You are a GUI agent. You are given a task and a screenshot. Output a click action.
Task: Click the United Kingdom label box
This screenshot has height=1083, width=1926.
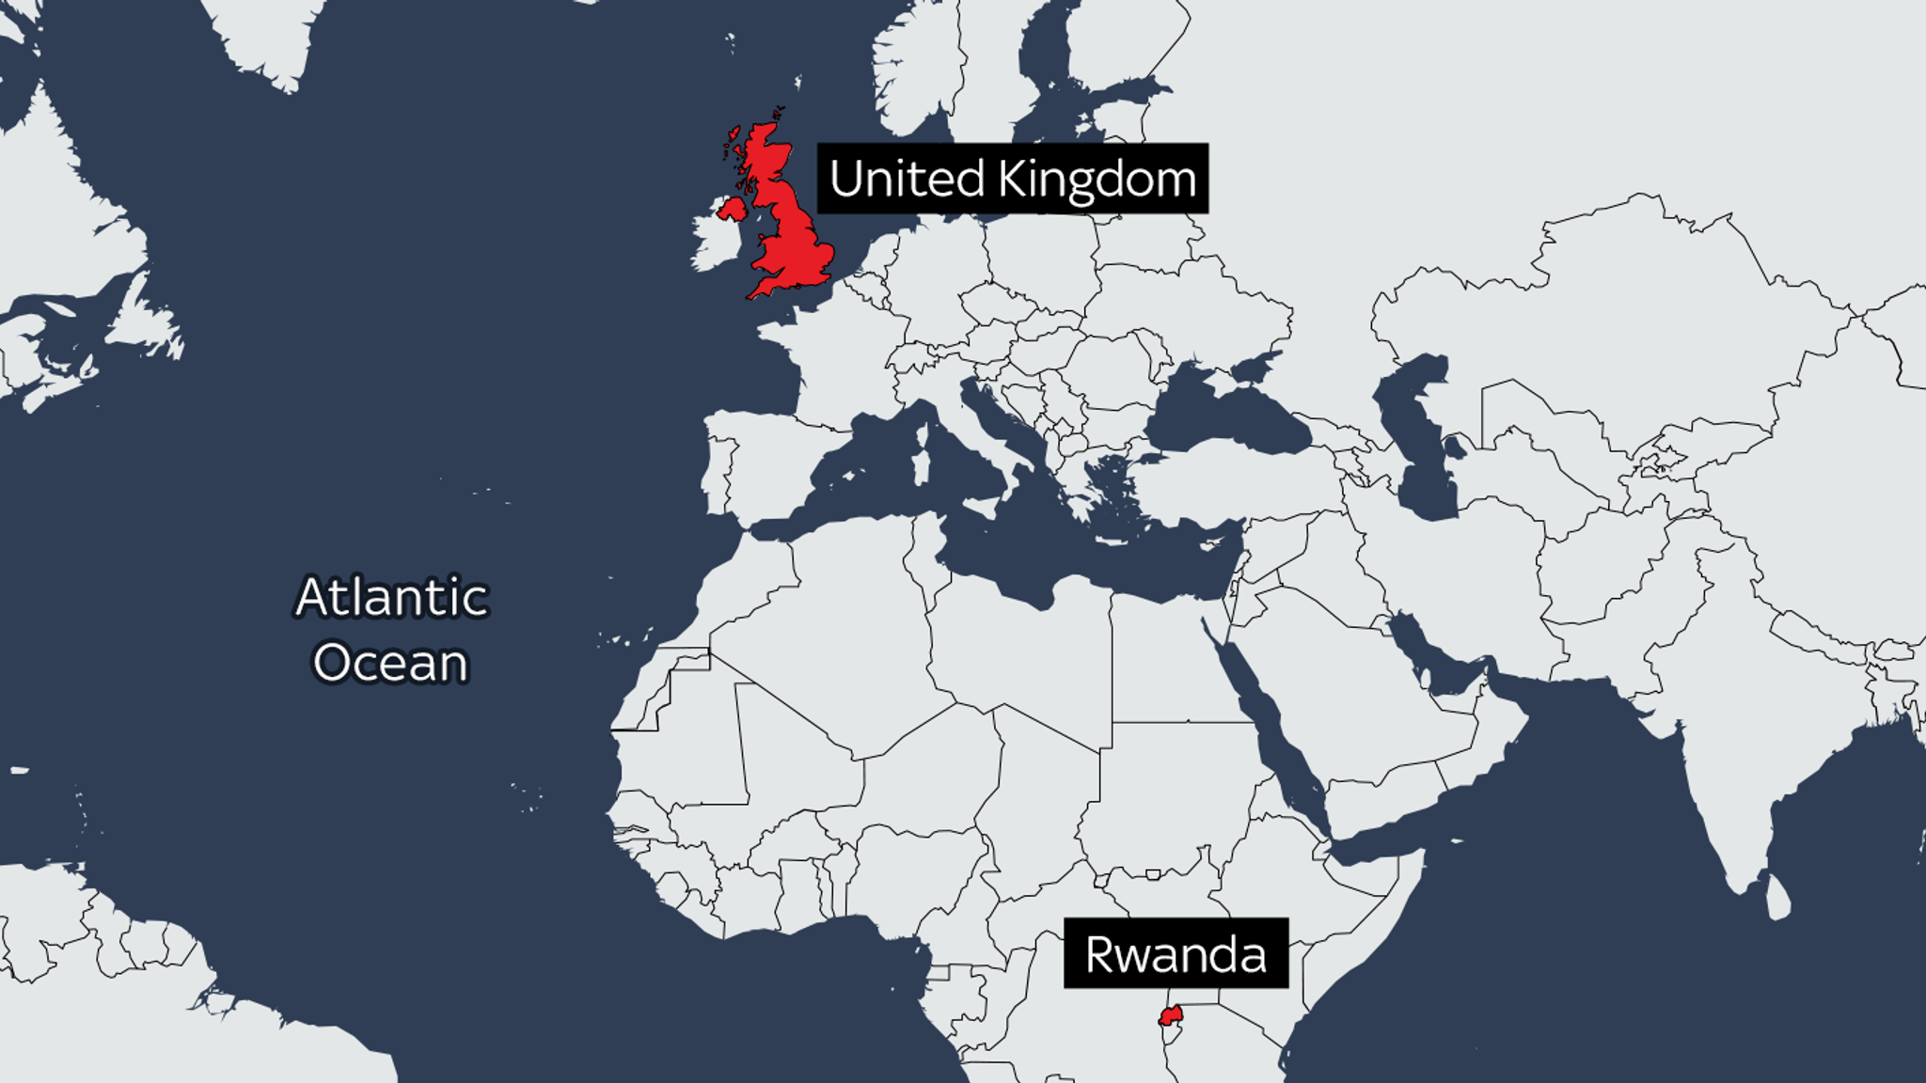(1012, 179)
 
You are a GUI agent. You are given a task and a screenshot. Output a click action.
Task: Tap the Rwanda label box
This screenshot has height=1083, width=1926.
(1176, 953)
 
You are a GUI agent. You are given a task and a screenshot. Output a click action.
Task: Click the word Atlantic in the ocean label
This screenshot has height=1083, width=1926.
(392, 597)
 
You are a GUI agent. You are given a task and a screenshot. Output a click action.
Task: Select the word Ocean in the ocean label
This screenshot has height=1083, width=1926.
(390, 663)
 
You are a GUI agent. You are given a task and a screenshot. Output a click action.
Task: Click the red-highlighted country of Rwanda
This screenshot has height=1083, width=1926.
(1171, 1015)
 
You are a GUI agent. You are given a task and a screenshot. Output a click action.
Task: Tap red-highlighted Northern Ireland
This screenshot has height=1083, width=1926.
(731, 208)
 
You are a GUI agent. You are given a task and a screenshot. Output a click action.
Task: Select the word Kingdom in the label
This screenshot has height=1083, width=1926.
(1097, 179)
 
